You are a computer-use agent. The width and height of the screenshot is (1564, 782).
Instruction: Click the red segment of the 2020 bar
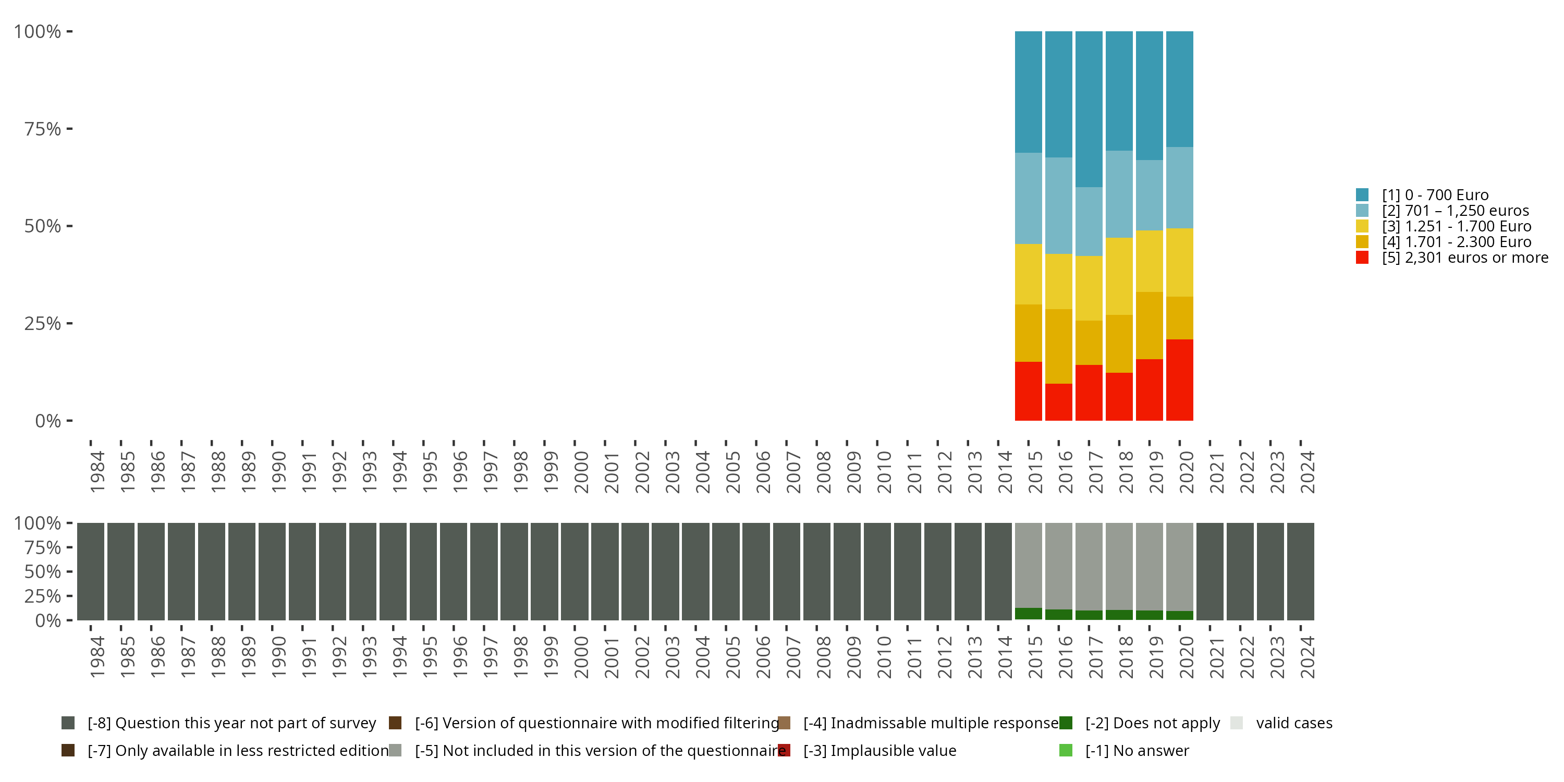[1180, 380]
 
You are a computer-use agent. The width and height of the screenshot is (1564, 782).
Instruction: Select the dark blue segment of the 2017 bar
[1089, 109]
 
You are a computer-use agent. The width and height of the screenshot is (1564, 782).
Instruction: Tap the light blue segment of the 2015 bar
[1029, 198]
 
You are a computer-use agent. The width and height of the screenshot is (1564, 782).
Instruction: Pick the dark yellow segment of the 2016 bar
[1058, 346]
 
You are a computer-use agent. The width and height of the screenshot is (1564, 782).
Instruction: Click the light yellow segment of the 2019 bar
[1150, 261]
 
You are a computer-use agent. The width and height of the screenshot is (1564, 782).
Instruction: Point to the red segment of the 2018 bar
[1119, 396]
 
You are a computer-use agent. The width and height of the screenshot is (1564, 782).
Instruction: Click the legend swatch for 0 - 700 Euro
[1362, 195]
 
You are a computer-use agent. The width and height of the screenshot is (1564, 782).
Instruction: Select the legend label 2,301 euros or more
[1464, 258]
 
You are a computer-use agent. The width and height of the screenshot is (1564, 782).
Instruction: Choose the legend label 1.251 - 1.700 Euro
[1456, 226]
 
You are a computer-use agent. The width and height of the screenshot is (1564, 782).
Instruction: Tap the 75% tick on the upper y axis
[70, 129]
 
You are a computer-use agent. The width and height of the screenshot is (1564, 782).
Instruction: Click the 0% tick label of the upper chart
[47, 421]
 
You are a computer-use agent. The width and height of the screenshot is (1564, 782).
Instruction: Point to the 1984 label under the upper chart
[97, 472]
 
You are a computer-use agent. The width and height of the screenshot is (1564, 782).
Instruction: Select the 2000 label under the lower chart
[581, 657]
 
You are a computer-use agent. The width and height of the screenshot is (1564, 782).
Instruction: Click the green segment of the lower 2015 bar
[1029, 614]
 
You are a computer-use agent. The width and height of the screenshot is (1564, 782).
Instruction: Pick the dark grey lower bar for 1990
[272, 571]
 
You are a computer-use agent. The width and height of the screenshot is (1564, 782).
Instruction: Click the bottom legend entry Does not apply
[1152, 723]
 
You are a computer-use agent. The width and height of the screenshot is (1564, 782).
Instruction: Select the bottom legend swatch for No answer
[1066, 750]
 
